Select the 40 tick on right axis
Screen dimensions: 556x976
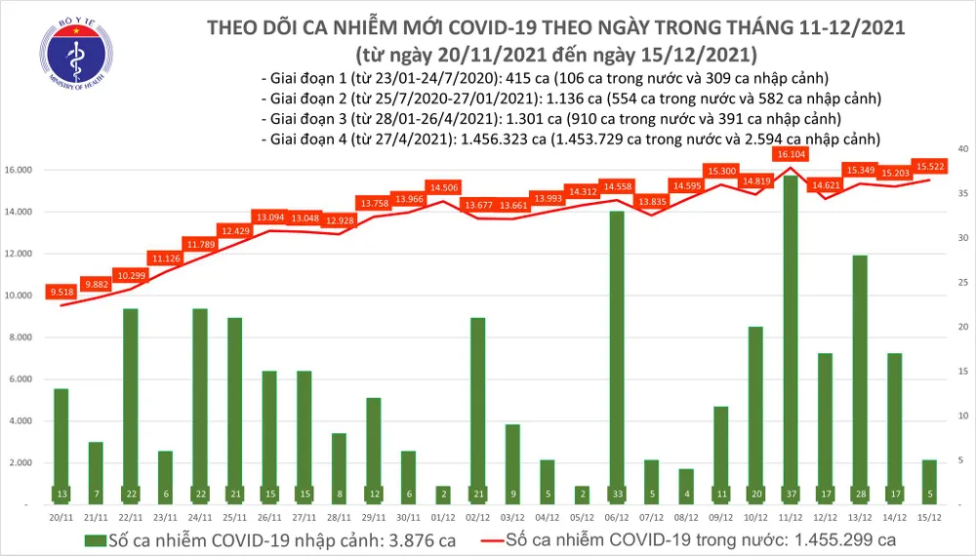click(x=961, y=148)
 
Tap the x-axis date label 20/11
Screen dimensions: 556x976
click(x=61, y=517)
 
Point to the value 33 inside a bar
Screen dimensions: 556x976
click(x=617, y=494)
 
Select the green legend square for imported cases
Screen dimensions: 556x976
click(x=95, y=539)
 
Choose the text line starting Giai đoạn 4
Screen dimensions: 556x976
click(x=571, y=139)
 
